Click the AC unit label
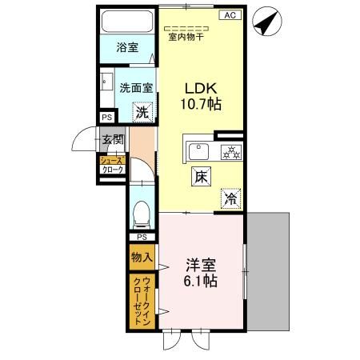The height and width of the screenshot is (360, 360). (x=227, y=15)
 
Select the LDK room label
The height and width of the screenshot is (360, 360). (x=200, y=87)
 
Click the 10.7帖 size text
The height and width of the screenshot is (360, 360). (x=200, y=103)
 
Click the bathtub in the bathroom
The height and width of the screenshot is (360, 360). (x=126, y=23)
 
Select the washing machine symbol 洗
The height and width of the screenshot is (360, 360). (x=142, y=114)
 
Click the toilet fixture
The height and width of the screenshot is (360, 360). (x=142, y=212)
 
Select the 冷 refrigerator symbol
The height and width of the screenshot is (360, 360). (x=230, y=198)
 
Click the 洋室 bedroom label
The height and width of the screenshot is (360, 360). (x=200, y=265)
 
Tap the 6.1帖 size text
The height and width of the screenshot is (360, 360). (x=200, y=281)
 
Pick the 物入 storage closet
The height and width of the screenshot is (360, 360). (x=142, y=258)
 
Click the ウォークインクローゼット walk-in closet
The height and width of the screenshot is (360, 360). (x=142, y=301)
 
